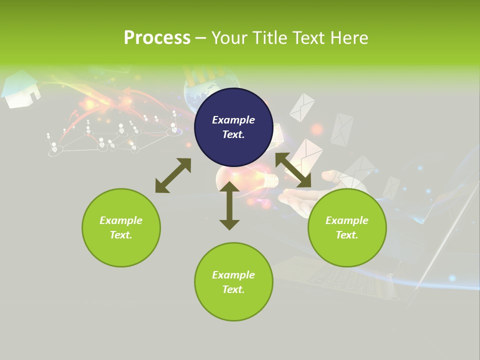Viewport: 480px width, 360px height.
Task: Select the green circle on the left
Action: (121, 227)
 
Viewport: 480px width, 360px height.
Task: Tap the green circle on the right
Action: (347, 227)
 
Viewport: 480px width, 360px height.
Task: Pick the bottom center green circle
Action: (233, 282)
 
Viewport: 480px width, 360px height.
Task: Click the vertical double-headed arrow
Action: (229, 205)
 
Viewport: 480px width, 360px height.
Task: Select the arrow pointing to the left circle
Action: (173, 175)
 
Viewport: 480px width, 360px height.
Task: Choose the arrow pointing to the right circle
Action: (293, 170)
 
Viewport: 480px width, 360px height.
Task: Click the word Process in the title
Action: (157, 37)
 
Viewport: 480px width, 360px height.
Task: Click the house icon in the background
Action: (21, 90)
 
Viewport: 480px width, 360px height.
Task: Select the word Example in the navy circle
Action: (233, 120)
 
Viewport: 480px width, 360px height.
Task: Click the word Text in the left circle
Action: (121, 235)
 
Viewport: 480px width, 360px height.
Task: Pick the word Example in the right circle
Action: (347, 220)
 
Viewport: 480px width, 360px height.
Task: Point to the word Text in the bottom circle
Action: (233, 289)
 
